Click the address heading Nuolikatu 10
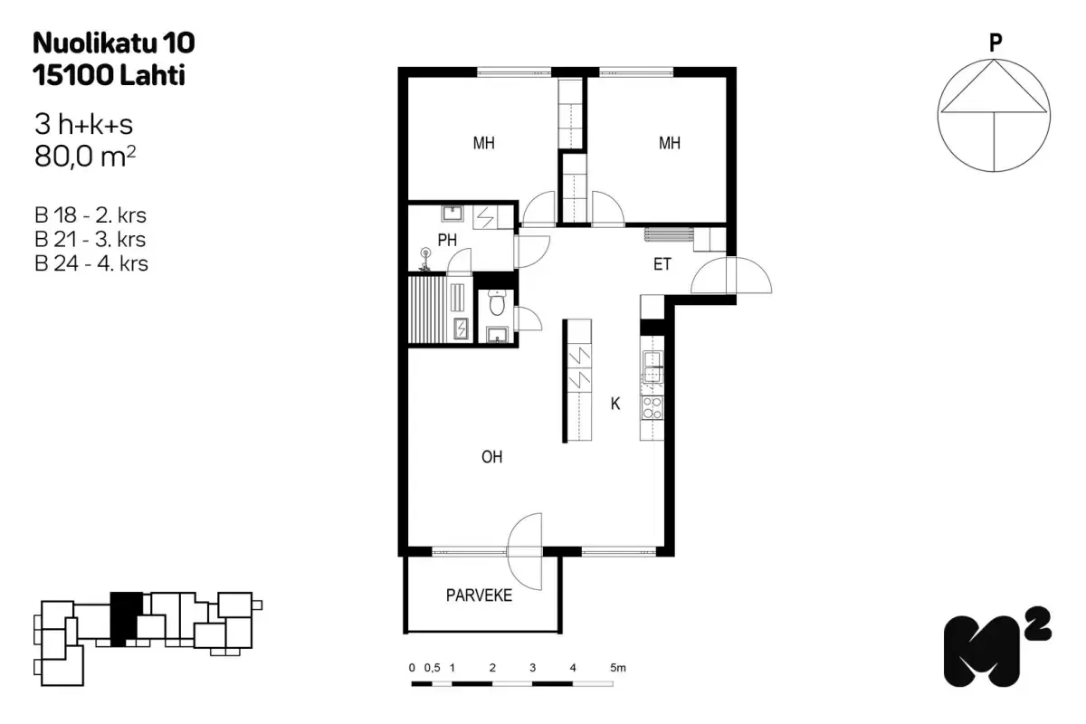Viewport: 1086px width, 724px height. click(113, 43)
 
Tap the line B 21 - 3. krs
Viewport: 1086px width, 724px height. click(90, 240)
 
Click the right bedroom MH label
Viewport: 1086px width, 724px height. click(670, 143)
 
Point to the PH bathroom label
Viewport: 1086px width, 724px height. click(446, 241)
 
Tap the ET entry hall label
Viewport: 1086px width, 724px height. click(662, 265)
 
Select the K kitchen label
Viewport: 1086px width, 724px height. click(615, 405)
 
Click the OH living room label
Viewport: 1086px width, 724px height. click(491, 458)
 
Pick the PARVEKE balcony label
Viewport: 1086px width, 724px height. click(480, 595)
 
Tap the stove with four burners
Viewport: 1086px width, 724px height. click(652, 407)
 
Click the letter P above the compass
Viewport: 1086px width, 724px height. click(995, 41)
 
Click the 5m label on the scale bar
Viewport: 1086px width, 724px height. click(618, 668)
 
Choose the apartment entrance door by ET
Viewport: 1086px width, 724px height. click(731, 276)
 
